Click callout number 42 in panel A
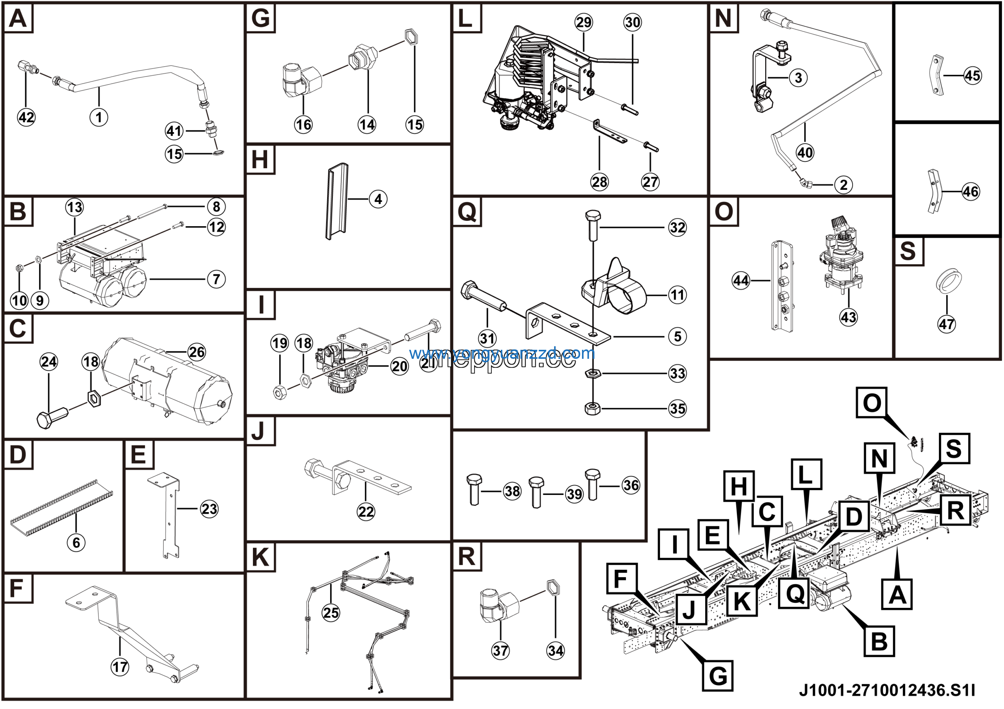[26, 117]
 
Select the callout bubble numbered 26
[196, 352]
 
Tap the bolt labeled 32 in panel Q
[593, 225]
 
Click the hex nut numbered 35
[592, 409]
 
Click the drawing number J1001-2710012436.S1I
[886, 691]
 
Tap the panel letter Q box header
[467, 212]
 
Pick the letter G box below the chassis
[718, 675]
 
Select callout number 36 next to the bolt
[631, 485]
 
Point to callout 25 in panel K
[331, 613]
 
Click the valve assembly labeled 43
[842, 258]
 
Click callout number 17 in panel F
[120, 667]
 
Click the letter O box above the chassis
[871, 402]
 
